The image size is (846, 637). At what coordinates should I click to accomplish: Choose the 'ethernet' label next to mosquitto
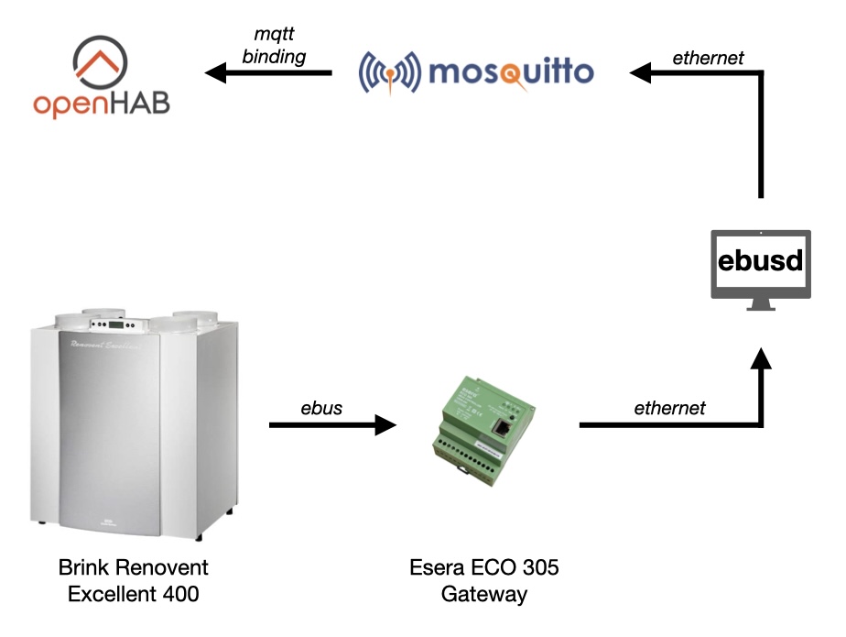pyautogui.click(x=708, y=58)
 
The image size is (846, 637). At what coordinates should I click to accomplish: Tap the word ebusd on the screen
pyautogui.click(x=761, y=261)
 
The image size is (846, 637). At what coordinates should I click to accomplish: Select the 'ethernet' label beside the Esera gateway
pyautogui.click(x=670, y=408)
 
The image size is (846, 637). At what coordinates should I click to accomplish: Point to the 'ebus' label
pyautogui.click(x=321, y=408)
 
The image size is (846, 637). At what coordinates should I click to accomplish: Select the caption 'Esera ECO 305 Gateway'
pyautogui.click(x=484, y=580)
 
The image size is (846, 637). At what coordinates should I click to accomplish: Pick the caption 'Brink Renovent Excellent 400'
pyautogui.click(x=134, y=580)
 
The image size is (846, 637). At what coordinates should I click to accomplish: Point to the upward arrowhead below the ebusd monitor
pyautogui.click(x=761, y=360)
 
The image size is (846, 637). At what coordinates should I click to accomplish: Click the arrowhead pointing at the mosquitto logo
pyautogui.click(x=639, y=72)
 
